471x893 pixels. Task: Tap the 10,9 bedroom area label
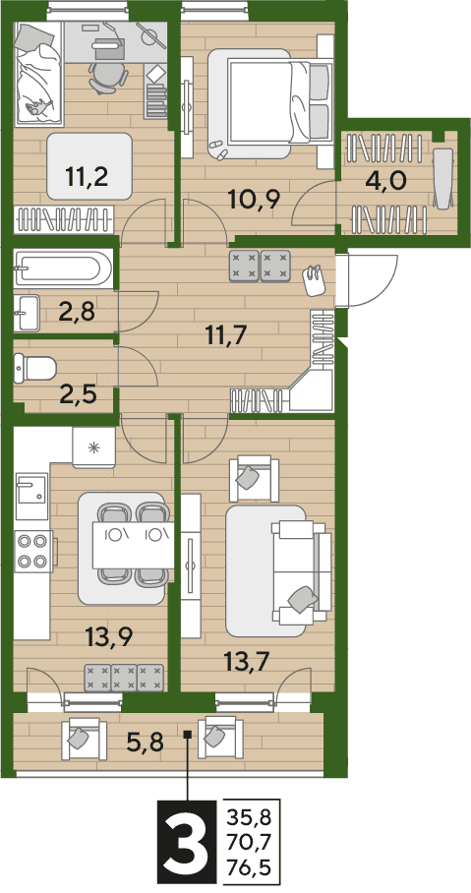253,199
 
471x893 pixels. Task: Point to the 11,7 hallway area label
226,336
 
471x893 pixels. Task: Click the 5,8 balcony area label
145,743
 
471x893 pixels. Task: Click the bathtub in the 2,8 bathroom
59,268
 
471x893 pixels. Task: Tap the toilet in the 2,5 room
35,369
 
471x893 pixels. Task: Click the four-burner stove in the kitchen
32,550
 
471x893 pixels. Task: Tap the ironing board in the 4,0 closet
443,178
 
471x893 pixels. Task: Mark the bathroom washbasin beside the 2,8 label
27,313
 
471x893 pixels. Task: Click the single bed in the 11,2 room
38,74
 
